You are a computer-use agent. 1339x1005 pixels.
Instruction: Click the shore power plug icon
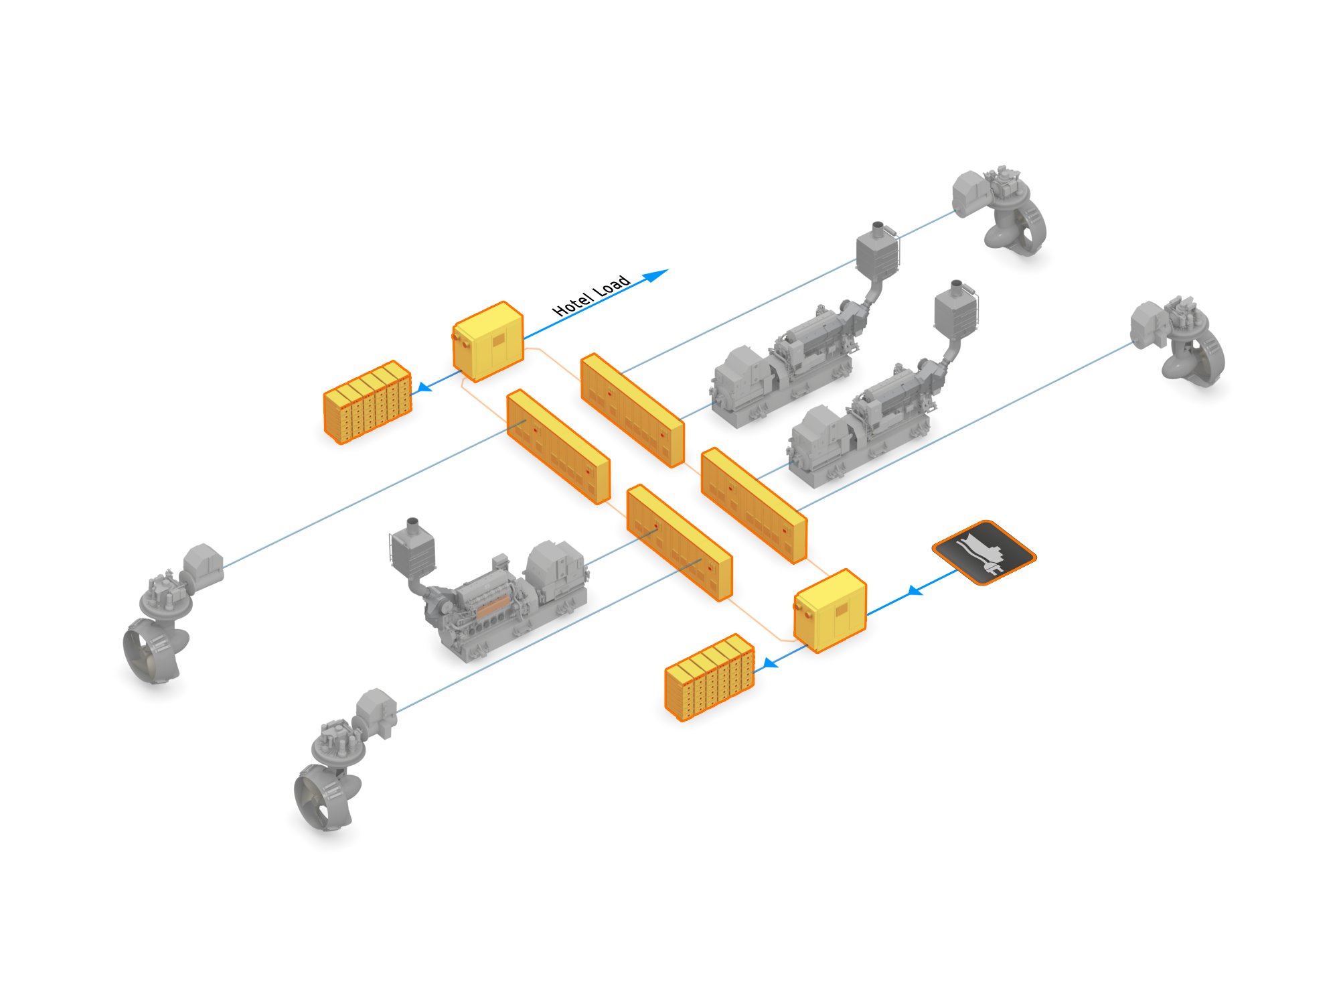[983, 552]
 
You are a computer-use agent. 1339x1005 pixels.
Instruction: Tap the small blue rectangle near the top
[655, 276]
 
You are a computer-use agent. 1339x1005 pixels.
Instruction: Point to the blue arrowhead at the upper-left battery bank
[424, 387]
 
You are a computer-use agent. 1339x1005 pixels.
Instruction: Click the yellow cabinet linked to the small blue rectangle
[488, 341]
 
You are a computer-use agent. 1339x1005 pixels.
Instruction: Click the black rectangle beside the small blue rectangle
[590, 295]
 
